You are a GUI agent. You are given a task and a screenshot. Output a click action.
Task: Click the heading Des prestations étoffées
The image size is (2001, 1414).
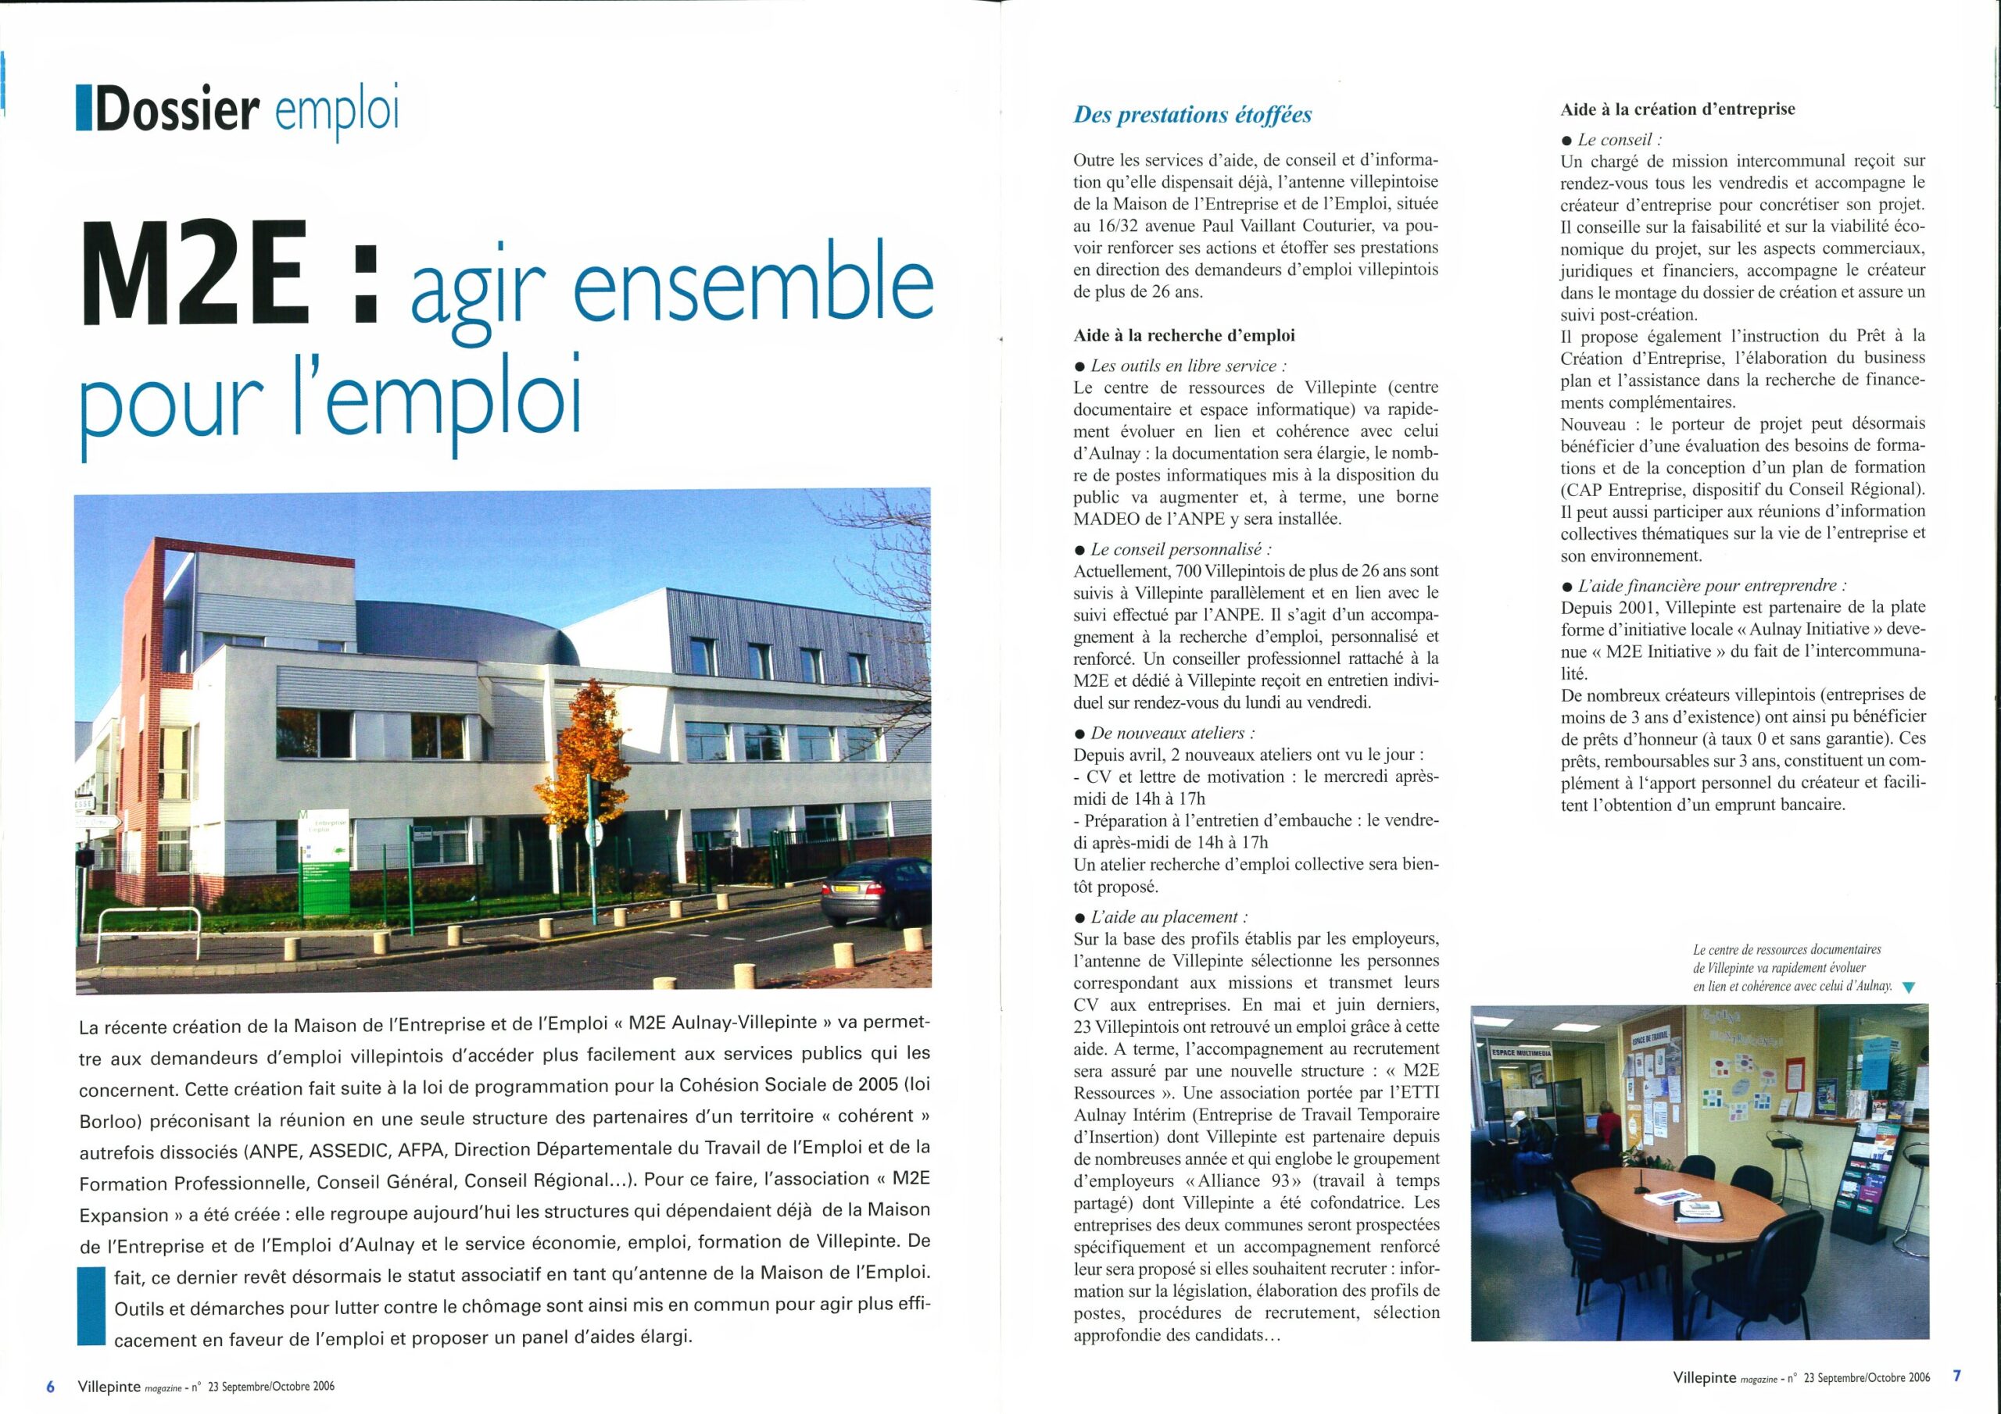pyautogui.click(x=1192, y=115)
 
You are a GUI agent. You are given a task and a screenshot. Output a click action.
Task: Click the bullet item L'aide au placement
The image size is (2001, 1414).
pyautogui.click(x=1169, y=917)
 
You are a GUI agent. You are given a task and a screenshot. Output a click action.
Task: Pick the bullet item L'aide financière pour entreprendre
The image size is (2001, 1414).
pyautogui.click(x=1712, y=585)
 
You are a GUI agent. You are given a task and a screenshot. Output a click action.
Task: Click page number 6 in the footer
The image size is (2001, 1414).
pyautogui.click(x=51, y=1387)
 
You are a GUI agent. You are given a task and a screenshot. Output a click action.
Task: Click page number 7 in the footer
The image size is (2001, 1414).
pyautogui.click(x=1956, y=1377)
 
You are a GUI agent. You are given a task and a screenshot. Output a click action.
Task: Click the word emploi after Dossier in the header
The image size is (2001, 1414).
pyautogui.click(x=335, y=112)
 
